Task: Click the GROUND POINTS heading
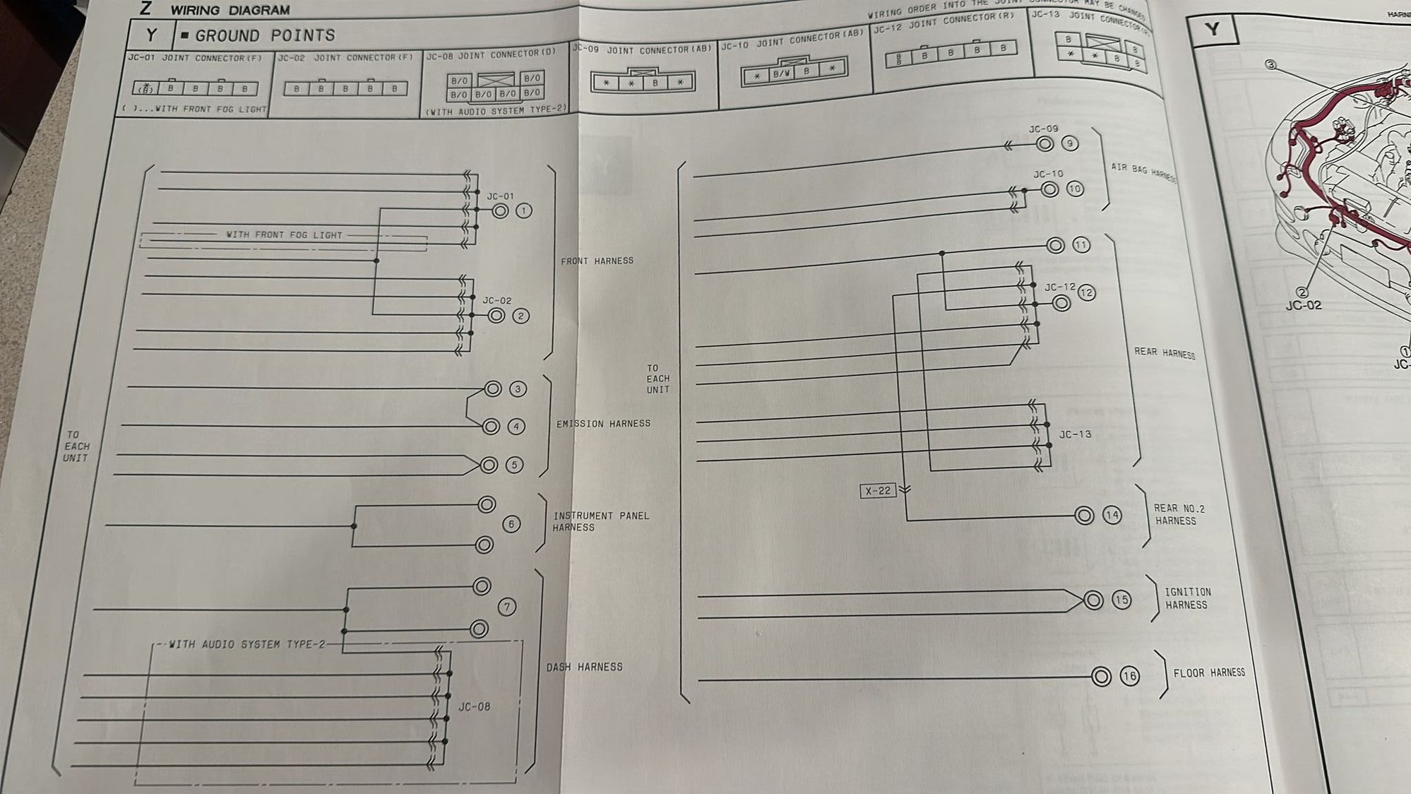(x=265, y=35)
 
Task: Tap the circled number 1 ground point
(x=523, y=211)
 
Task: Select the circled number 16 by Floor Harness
(x=1129, y=676)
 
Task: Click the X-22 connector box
(x=878, y=490)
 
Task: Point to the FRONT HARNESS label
(x=597, y=261)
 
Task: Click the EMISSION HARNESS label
(x=603, y=424)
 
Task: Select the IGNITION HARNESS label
(x=1187, y=598)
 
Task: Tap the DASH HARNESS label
(x=584, y=667)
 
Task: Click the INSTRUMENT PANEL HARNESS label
(x=600, y=521)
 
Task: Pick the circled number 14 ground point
(x=1112, y=515)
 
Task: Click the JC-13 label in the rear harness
(x=1074, y=434)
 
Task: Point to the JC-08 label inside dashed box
(x=474, y=706)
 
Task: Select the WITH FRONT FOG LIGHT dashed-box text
(x=284, y=235)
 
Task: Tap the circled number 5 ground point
(x=515, y=465)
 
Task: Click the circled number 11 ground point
(x=1081, y=245)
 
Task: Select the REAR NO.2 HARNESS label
(x=1178, y=514)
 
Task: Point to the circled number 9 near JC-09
(x=1070, y=143)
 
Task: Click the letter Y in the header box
(x=151, y=35)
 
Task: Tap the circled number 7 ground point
(x=506, y=607)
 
